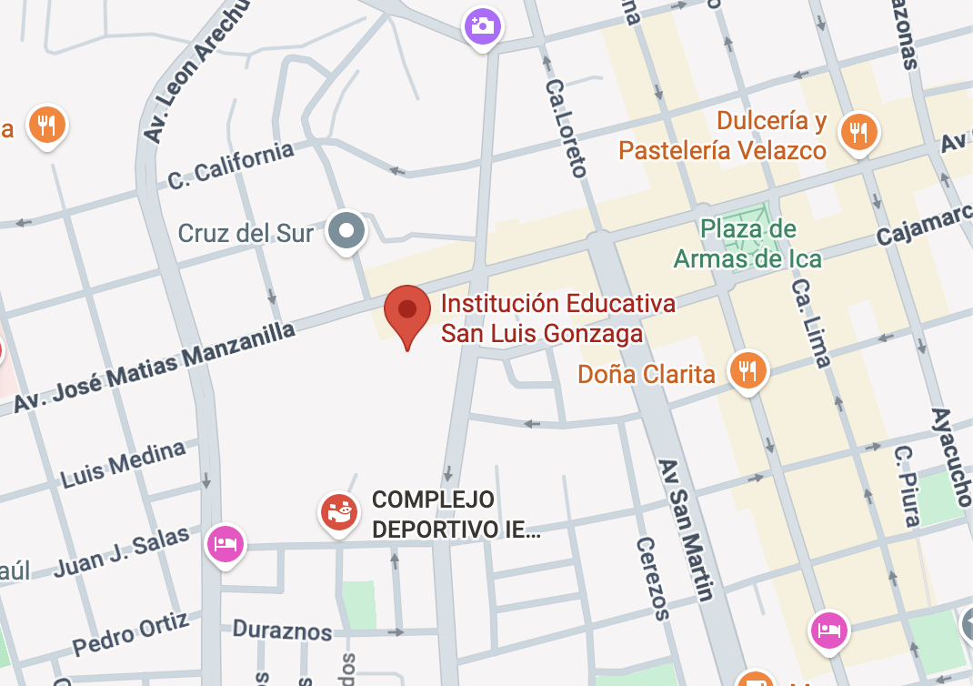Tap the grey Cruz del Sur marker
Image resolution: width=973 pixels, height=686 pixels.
[x=346, y=230]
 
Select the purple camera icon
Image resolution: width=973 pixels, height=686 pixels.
[x=482, y=25]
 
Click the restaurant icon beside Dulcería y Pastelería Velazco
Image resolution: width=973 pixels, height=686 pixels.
[x=858, y=132]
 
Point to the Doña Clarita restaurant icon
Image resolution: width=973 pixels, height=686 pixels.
[x=747, y=370]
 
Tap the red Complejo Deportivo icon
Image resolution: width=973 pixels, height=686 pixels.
[x=338, y=512]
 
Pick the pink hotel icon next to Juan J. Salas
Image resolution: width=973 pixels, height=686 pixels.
[x=225, y=544]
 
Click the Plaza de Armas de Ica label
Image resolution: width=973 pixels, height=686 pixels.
[x=747, y=244]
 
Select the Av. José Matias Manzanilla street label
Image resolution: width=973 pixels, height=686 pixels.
[x=155, y=368]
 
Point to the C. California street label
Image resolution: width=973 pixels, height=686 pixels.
[x=231, y=166]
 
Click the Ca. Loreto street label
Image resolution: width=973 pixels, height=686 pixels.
[x=567, y=126]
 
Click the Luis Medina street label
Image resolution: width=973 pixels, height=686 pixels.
[x=123, y=463]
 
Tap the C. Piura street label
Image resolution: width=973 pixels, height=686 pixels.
[x=907, y=486]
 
